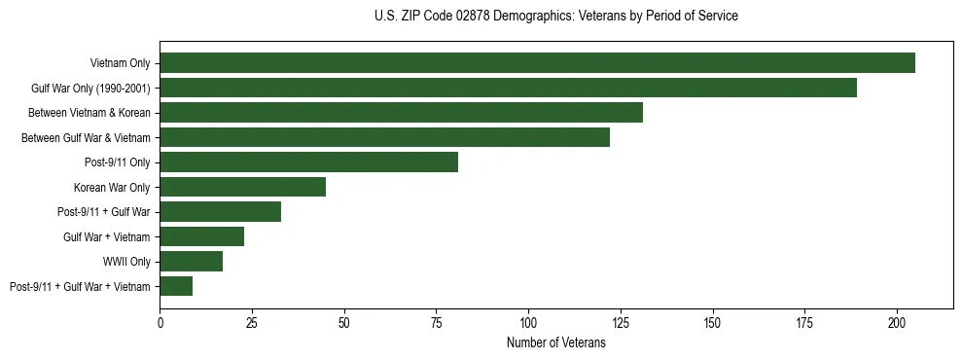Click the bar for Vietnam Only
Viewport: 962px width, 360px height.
click(x=537, y=63)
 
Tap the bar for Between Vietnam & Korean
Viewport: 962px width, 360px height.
click(x=401, y=113)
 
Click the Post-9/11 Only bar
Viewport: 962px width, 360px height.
click(x=308, y=162)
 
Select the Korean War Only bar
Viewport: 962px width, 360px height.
click(x=242, y=187)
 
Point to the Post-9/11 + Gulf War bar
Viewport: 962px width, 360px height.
click(x=220, y=211)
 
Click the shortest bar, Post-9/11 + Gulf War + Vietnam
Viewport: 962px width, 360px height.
click(x=176, y=286)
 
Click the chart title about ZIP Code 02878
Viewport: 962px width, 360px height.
click(x=555, y=17)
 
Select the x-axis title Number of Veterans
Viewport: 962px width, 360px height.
click(x=555, y=343)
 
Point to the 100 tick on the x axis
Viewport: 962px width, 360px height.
click(x=528, y=322)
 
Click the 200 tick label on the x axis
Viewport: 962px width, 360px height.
click(x=897, y=322)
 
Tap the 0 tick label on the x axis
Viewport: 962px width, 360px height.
click(x=160, y=322)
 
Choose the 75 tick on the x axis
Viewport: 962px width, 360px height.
click(x=436, y=322)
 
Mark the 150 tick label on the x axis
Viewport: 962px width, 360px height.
click(x=713, y=322)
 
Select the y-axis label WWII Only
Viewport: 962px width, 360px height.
click(x=125, y=262)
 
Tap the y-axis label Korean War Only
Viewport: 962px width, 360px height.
click(x=111, y=187)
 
